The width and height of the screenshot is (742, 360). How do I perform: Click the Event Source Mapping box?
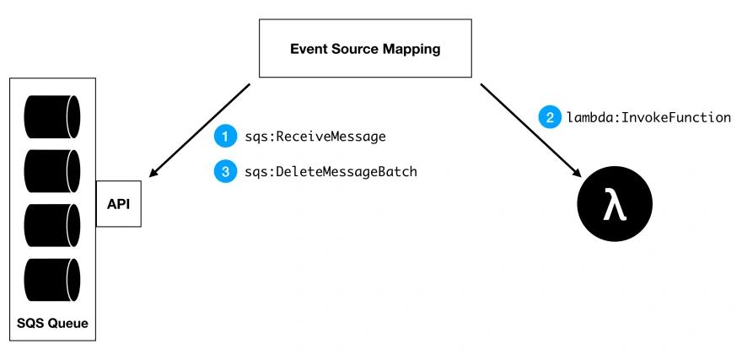click(365, 48)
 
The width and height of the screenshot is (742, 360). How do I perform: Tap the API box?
click(118, 204)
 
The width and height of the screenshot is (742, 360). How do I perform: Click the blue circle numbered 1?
click(225, 137)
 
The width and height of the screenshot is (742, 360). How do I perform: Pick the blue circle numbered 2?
click(550, 117)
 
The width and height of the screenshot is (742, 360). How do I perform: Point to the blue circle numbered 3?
click(225, 171)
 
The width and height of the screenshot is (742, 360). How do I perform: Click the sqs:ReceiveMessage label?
click(315, 137)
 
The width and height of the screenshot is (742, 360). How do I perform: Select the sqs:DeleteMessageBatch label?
click(331, 172)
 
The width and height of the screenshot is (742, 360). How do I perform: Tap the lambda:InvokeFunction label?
click(648, 117)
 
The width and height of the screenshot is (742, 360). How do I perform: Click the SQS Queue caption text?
click(52, 324)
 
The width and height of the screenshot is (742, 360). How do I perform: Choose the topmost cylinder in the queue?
click(52, 117)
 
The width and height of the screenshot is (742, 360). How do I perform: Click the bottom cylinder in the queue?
click(52, 280)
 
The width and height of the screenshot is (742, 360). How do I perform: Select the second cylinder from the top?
click(52, 171)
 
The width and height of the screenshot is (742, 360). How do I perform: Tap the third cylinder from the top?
click(52, 225)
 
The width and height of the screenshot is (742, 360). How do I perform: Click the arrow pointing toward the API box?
click(199, 131)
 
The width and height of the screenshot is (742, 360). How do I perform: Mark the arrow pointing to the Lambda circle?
click(531, 131)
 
